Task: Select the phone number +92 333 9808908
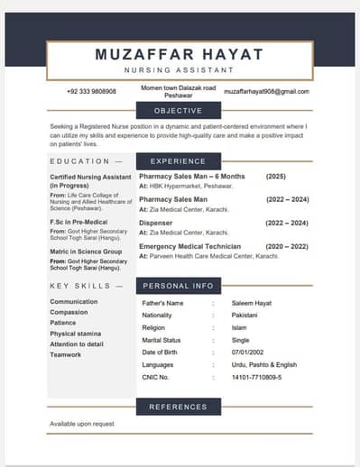91,91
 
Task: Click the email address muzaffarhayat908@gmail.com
266,91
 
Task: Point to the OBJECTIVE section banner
178,111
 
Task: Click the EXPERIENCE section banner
178,161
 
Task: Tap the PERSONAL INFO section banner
178,286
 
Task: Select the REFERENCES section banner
178,407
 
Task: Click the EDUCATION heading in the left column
80,161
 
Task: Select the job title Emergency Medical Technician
189,246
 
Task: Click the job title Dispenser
157,223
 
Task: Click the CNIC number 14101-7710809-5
257,377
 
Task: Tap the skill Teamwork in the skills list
67,354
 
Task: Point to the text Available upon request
82,424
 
